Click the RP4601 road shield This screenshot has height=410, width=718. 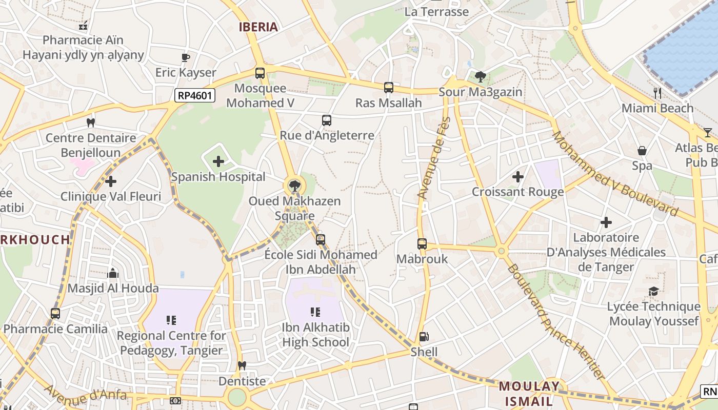195,95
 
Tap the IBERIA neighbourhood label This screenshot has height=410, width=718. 258,27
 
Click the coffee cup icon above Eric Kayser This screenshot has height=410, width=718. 186,57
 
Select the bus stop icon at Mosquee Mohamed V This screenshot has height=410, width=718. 260,73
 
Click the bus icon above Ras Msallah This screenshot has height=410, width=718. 389,88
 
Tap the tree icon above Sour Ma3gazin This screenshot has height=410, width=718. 481,77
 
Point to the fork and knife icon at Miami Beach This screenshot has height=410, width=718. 657,93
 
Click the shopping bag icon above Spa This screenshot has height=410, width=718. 642,151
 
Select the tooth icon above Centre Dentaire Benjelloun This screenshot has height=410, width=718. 91,122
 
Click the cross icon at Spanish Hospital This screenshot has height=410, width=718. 218,162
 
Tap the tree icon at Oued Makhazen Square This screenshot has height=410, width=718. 294,186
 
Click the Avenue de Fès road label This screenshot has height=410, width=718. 433,158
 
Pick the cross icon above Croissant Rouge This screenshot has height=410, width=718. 518,177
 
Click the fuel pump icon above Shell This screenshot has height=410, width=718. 424,337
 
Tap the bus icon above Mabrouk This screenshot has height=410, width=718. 422,244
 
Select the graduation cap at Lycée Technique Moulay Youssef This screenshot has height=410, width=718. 653,292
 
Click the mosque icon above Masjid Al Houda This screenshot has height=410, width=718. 113,273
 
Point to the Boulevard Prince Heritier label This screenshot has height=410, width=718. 556,322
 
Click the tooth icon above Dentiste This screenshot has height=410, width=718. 242,366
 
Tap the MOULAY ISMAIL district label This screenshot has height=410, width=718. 530,394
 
